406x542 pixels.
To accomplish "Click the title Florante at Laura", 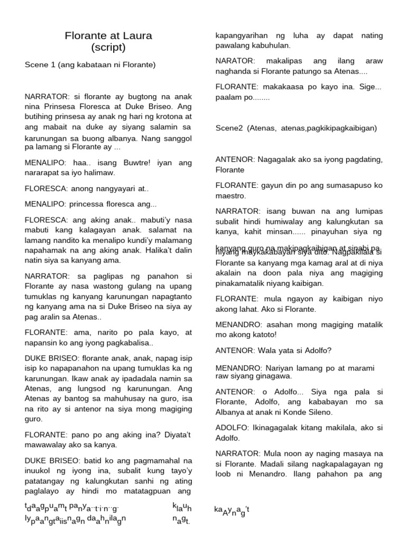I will pyautogui.click(x=108, y=36).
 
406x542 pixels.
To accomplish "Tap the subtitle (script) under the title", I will pyautogui.click(x=108, y=48).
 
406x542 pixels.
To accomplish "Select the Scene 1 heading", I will pyautogui.click(x=90, y=65).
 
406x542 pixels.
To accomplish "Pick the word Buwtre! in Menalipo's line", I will pyautogui.click(x=126, y=163).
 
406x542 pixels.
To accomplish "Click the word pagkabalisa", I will pyautogui.click(x=127, y=342).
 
